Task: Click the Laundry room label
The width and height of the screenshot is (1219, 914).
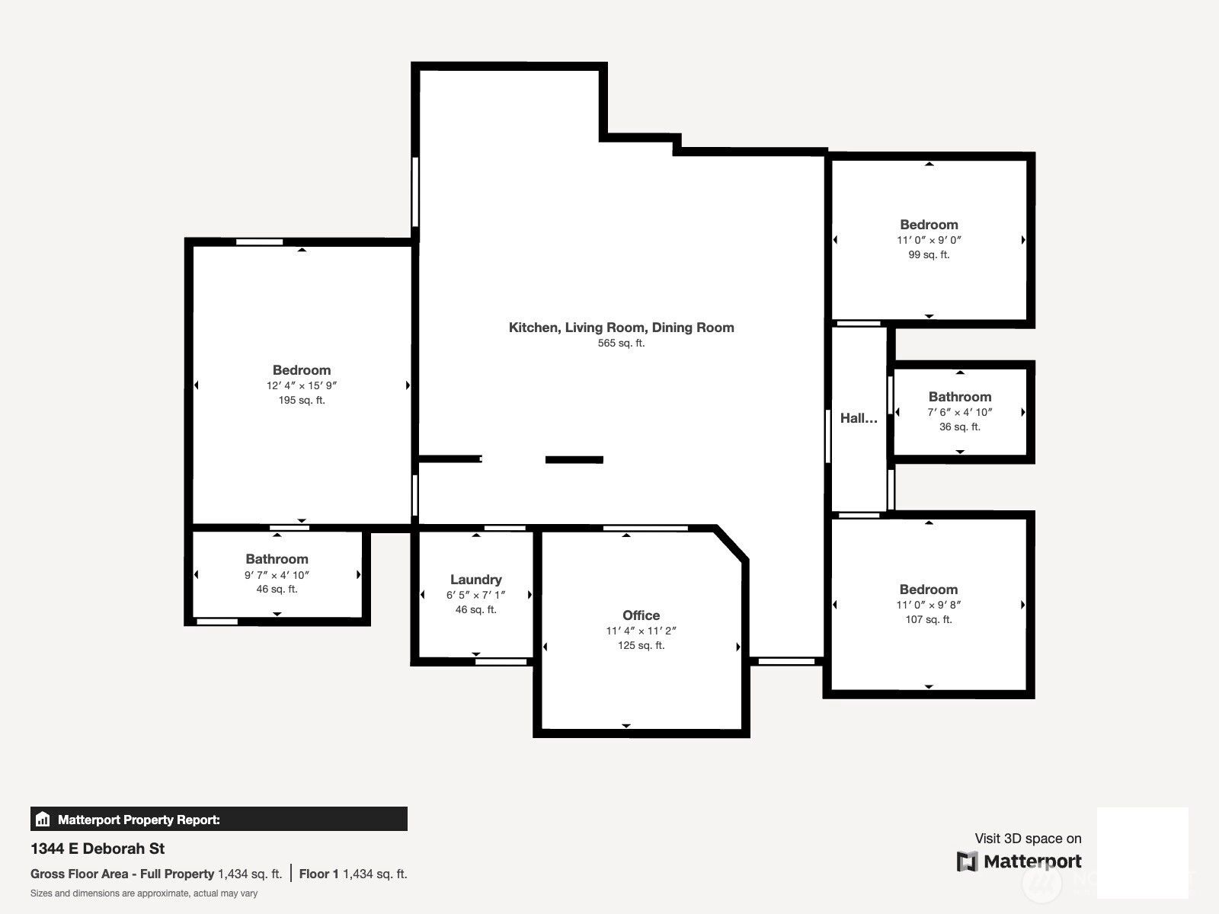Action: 476,580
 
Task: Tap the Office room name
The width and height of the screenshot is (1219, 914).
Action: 641,615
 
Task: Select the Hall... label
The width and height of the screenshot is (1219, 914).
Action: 859,418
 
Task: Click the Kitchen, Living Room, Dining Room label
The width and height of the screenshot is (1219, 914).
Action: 622,328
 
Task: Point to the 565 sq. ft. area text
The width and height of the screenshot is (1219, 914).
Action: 621,343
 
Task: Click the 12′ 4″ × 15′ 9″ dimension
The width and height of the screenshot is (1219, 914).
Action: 302,385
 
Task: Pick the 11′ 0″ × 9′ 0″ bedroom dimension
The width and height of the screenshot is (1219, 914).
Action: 929,240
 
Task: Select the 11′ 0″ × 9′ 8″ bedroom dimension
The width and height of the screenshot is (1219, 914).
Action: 929,605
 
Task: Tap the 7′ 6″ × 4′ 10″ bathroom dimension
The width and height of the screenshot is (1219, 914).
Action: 960,412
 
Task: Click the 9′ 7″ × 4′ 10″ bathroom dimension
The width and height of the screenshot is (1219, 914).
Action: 277,575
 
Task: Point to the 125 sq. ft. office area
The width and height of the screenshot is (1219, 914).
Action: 641,645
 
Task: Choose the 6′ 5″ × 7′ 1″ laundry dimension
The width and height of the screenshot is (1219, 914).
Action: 476,595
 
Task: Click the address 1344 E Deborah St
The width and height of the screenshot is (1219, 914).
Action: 98,848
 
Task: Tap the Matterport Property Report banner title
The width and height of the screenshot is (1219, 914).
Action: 139,820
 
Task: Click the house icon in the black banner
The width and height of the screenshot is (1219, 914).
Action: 43,819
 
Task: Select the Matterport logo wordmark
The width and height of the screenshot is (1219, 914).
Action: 1032,861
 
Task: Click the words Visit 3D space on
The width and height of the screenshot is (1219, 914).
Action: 1028,839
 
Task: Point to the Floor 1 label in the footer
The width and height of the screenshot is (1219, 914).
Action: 318,874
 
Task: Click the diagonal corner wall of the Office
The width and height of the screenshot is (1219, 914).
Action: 731,544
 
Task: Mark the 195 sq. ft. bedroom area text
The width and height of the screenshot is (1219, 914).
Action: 302,400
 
